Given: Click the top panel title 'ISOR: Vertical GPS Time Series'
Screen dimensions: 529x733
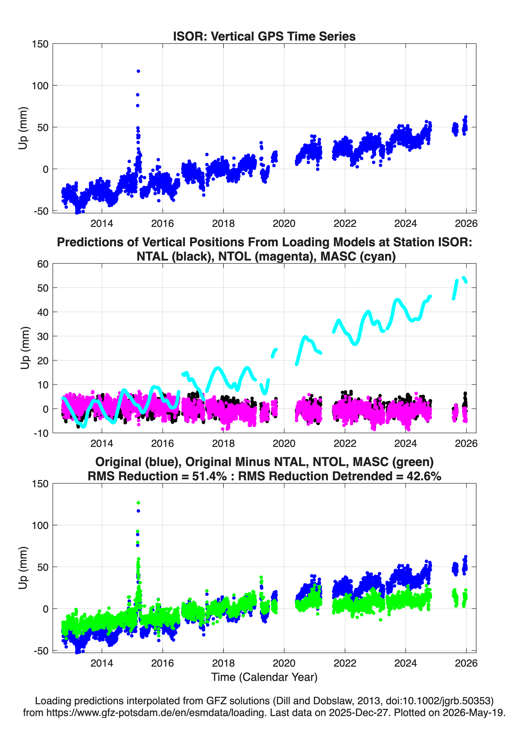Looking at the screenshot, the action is point(264,36).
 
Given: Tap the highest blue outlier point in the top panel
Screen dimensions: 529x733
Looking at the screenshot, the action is point(138,71).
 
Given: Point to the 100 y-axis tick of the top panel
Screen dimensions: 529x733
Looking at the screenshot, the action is point(40,86).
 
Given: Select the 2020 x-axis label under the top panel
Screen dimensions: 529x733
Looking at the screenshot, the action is point(284,223).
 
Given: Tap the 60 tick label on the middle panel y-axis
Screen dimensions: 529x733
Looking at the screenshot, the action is point(43,264).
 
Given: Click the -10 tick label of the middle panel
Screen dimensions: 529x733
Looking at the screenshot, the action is point(41,433).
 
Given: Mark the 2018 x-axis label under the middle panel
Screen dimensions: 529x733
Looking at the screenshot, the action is point(223,443).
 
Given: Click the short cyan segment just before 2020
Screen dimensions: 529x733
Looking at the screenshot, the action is point(274,353).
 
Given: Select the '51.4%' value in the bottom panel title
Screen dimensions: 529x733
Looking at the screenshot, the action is point(209,476).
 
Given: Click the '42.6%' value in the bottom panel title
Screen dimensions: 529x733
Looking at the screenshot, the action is point(424,476).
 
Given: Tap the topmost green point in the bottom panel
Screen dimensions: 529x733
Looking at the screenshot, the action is point(138,503).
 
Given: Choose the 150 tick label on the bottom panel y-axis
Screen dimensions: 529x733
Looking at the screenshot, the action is point(40,484).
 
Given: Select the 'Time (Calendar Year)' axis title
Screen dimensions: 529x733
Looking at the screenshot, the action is point(264,677).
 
